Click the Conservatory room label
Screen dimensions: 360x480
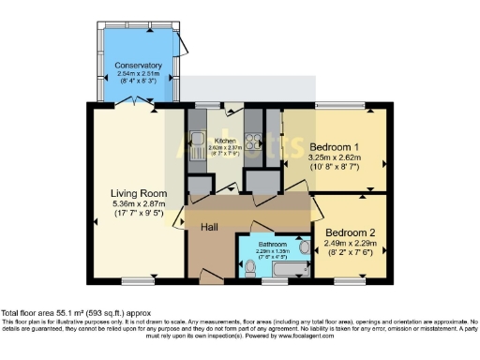[x=139, y=65]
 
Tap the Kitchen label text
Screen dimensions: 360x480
[x=225, y=141]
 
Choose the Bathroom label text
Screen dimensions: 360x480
[x=274, y=244]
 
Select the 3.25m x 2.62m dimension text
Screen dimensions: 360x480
[x=336, y=158]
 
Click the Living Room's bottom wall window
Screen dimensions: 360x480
[x=138, y=280]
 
